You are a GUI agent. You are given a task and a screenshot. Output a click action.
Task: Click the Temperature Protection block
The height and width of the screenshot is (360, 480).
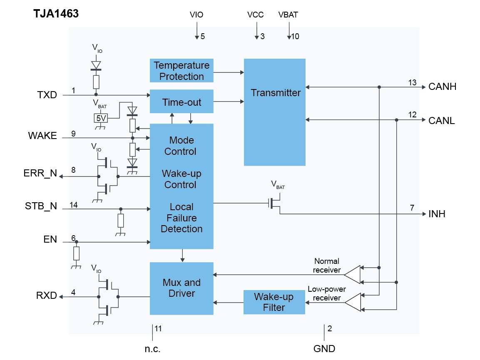coord(182,71)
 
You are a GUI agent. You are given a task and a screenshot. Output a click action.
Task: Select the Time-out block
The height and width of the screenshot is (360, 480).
coord(182,102)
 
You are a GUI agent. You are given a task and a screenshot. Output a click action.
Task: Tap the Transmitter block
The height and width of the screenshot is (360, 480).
coord(275,112)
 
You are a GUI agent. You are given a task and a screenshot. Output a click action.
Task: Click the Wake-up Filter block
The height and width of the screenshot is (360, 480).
coord(274,302)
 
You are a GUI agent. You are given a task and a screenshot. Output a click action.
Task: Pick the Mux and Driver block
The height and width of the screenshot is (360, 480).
coord(182,288)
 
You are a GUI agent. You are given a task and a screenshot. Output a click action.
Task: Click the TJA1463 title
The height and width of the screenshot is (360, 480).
coord(56,14)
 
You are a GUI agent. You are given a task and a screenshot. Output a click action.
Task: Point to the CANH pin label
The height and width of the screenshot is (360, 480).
coord(442,87)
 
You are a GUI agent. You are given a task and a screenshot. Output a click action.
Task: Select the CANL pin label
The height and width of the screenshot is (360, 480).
coord(442,121)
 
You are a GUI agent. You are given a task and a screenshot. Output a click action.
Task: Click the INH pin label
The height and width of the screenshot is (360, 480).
coord(437,214)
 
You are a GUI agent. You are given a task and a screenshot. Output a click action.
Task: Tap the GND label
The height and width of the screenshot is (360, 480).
coord(324,349)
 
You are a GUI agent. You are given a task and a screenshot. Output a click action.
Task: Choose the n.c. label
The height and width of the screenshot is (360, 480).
coord(152,349)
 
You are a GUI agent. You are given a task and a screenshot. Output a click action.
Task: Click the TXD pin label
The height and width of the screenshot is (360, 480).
coord(47,95)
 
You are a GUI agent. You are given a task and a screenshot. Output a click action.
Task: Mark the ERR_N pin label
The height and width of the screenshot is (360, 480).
coord(40,174)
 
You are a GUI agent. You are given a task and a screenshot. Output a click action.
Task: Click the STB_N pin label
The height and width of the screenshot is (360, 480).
coord(41,206)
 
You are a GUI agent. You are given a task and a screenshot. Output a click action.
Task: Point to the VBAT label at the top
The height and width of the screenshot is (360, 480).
coord(288,15)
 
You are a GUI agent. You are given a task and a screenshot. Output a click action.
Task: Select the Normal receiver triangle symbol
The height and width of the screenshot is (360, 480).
coord(352,274)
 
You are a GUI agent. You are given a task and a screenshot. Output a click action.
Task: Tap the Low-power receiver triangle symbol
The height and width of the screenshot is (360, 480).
coord(352,302)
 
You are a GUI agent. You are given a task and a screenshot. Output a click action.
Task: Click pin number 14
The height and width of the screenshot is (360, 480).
coord(74,205)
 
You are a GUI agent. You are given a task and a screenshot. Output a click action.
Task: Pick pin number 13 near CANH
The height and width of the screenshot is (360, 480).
coord(412,82)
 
